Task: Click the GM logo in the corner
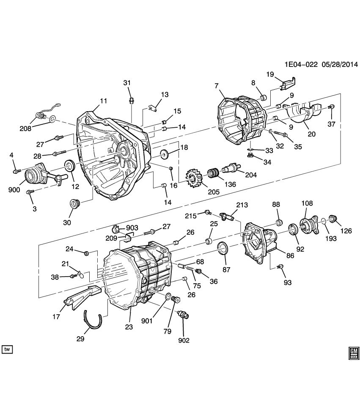(x=354, y=353)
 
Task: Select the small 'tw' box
(x=7, y=349)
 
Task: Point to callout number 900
(x=14, y=190)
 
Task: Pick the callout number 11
(x=103, y=101)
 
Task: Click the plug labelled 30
(x=76, y=204)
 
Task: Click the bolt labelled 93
(x=280, y=267)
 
